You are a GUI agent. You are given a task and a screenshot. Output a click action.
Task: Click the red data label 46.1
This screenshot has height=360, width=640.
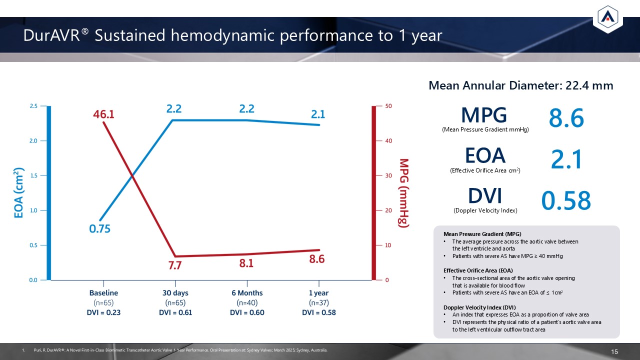coord(103,114)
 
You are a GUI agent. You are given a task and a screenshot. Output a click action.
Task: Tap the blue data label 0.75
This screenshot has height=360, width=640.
coord(100,229)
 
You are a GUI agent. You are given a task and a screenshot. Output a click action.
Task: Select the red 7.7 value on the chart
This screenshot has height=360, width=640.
coord(174,265)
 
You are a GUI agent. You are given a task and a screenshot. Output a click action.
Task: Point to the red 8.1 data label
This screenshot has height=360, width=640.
coord(246,263)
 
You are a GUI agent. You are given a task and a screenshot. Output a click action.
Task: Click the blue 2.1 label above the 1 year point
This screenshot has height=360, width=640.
coord(318,114)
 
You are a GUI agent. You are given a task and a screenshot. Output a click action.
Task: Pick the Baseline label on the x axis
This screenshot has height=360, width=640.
coord(103,293)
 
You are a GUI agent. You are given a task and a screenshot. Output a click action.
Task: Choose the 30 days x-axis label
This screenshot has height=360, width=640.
coord(175,293)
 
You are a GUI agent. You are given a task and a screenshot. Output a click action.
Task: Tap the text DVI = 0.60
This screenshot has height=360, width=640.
coord(247,313)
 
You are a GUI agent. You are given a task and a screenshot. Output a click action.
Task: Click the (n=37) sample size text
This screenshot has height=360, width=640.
coord(319,303)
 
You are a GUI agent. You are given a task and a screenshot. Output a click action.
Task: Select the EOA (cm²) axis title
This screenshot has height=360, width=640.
coord(19,193)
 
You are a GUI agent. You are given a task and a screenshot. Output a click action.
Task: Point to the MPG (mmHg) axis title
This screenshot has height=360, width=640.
coord(404,193)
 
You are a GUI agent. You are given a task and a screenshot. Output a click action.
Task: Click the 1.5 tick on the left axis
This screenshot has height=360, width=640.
coord(34,175)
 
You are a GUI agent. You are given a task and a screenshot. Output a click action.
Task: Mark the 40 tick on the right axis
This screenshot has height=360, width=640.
coord(387,141)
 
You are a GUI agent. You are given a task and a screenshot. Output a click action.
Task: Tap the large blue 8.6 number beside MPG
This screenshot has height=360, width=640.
coord(566,119)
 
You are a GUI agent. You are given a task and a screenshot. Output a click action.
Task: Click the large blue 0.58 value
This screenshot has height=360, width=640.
coord(566,201)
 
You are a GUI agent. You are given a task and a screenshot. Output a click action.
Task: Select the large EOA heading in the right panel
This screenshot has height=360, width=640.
coord(485,155)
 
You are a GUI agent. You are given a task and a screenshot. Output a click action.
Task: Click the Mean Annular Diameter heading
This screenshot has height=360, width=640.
coord(520,85)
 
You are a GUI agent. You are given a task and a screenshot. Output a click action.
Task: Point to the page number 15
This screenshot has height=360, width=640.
coord(615,352)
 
